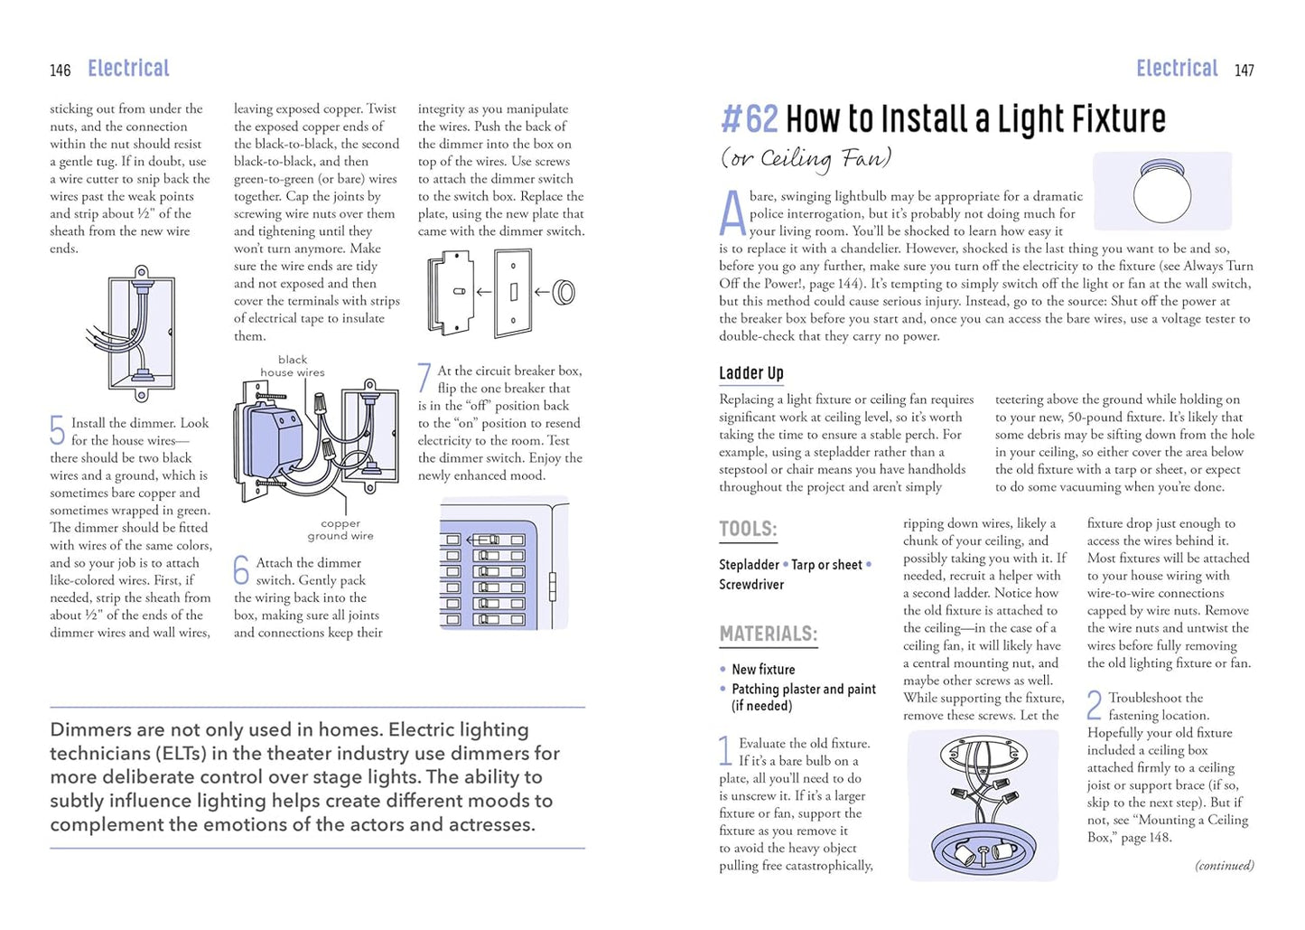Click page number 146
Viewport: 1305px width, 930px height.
pyautogui.click(x=61, y=70)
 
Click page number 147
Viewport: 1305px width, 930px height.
pyautogui.click(x=1244, y=70)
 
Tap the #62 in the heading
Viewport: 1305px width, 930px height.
pyautogui.click(x=749, y=119)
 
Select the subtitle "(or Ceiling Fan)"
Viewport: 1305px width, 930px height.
pyautogui.click(x=806, y=159)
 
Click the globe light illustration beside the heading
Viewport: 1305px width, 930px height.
pyautogui.click(x=1161, y=191)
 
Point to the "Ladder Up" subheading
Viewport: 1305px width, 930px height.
pyautogui.click(x=750, y=373)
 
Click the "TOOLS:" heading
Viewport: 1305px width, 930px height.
pyautogui.click(x=748, y=530)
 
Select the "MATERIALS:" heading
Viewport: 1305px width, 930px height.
pyautogui.click(x=768, y=634)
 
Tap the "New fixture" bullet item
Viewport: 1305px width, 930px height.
pyautogui.click(x=763, y=670)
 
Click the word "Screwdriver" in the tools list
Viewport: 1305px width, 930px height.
pyautogui.click(x=751, y=585)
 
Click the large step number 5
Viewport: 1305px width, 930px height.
pyautogui.click(x=57, y=430)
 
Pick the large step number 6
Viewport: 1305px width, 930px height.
pyautogui.click(x=241, y=570)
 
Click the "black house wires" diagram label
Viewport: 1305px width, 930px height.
pyautogui.click(x=293, y=366)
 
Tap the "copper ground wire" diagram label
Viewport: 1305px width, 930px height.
pyautogui.click(x=340, y=530)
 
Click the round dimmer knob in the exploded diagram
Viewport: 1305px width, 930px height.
pyautogui.click(x=564, y=292)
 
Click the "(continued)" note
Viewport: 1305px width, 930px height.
pyautogui.click(x=1224, y=866)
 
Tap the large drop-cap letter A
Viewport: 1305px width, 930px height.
pyautogui.click(x=732, y=214)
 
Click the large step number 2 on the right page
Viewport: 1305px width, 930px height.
pyautogui.click(x=1095, y=705)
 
